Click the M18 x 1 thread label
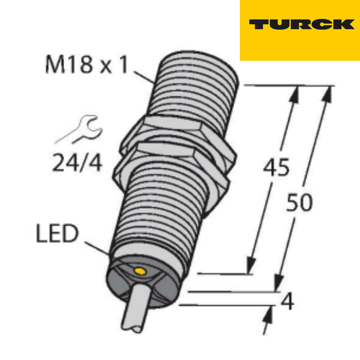tap(86, 65)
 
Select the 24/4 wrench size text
tap(77, 163)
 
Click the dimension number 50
tap(299, 203)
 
